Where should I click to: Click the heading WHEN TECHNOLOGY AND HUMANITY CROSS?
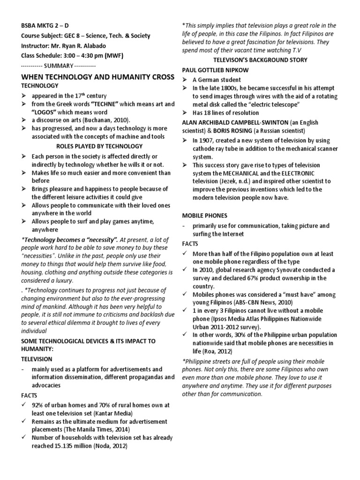pyautogui.click(x=92, y=76)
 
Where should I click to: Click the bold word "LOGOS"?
pyautogui.click(x=45, y=112)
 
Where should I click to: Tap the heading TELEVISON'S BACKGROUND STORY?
pyautogui.click(x=260, y=60)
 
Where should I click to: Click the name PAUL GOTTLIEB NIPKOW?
pyautogui.click(x=215, y=69)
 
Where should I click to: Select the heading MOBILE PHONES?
pyautogui.click(x=204, y=215)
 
